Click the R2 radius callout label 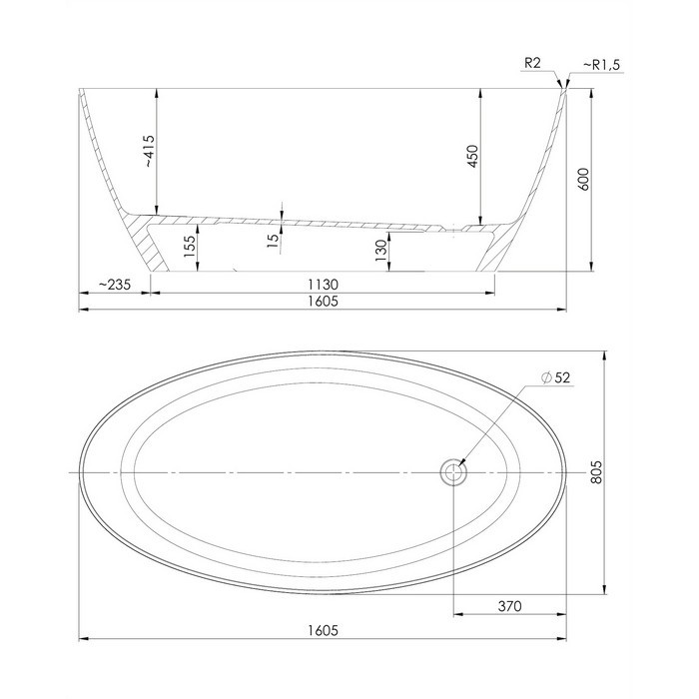[532, 63]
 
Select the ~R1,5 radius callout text [601, 65]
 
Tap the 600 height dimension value [583, 179]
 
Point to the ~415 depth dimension [149, 152]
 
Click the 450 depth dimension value [473, 156]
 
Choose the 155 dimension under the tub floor [190, 247]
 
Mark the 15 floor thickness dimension [274, 239]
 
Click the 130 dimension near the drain [381, 251]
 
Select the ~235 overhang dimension [115, 285]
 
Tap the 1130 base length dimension [324, 285]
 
